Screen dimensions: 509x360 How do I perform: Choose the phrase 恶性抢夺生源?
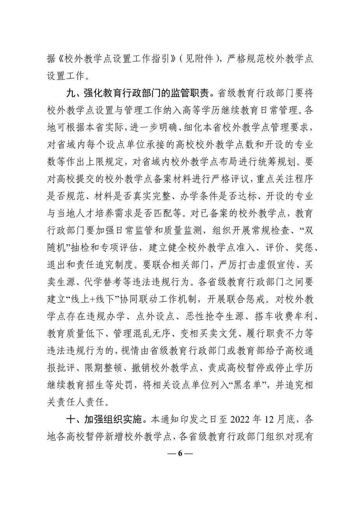point(210,317)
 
